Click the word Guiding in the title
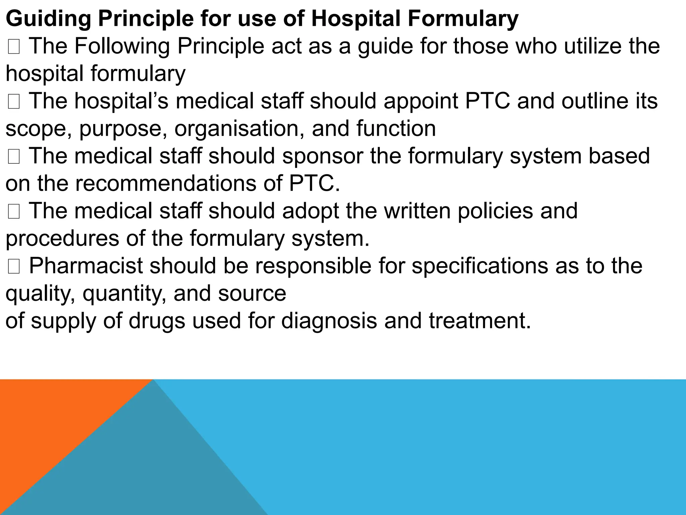tap(48, 19)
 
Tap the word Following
tap(122, 46)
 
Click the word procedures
tap(62, 239)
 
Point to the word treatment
tap(479, 321)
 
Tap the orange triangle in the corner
tap(50, 419)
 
